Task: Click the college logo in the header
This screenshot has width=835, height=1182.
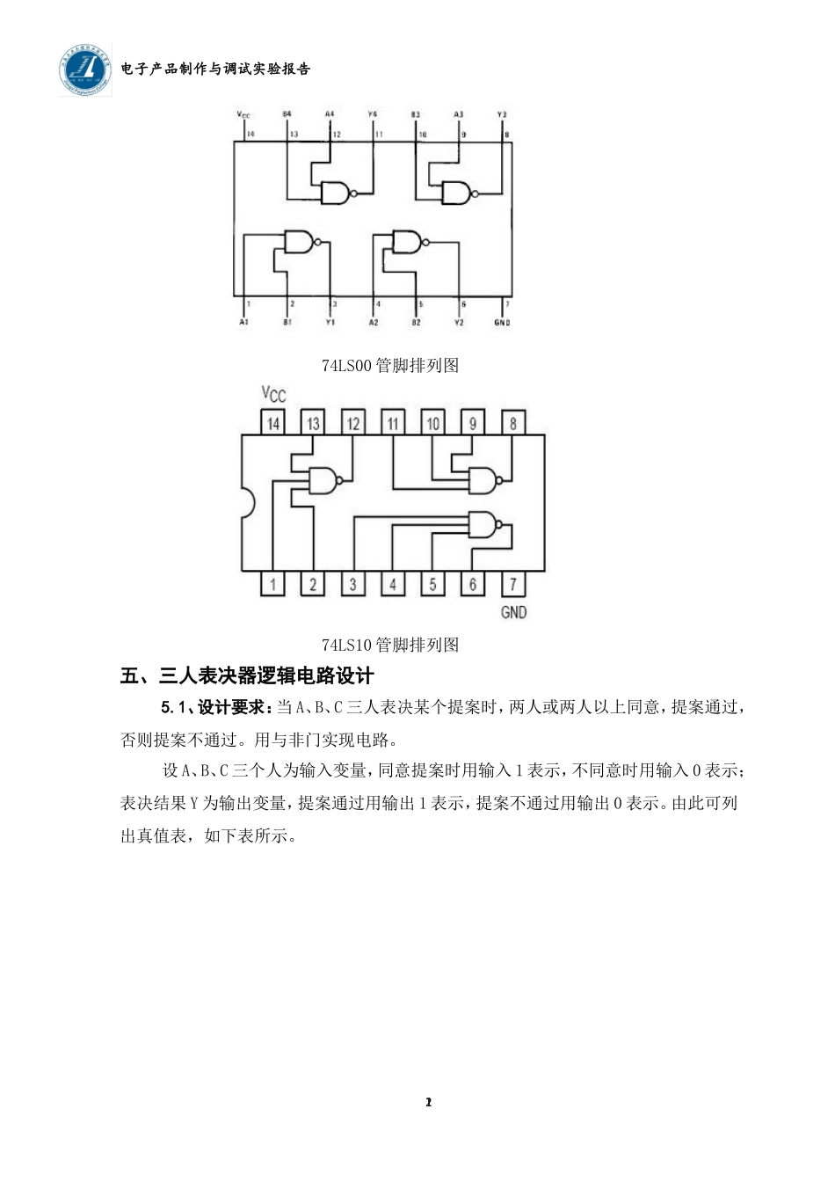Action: click(x=86, y=69)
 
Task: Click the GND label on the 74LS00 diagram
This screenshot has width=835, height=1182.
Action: click(x=502, y=323)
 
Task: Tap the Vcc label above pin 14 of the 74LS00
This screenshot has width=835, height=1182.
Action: click(x=243, y=115)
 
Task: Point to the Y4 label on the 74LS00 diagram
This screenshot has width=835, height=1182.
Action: click(x=373, y=114)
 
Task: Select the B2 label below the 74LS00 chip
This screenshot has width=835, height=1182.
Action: click(x=416, y=323)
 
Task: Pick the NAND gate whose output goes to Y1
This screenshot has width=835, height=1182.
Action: click(x=299, y=241)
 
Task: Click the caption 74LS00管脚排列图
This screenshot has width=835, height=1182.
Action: click(x=390, y=365)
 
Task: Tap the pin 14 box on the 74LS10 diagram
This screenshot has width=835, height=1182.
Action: click(x=273, y=423)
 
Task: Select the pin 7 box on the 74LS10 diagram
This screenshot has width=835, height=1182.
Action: click(x=513, y=584)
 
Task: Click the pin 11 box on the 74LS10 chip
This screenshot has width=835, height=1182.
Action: click(x=393, y=423)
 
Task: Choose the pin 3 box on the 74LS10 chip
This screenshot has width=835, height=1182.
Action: click(x=353, y=584)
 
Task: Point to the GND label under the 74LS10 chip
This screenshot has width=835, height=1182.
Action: click(x=513, y=612)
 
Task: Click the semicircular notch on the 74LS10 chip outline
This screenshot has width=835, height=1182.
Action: click(x=247, y=504)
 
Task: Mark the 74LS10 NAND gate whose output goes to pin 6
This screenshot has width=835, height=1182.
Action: click(x=483, y=525)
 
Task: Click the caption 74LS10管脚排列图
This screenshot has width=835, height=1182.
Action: click(x=390, y=645)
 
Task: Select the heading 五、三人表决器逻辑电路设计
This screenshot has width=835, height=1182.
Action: click(x=247, y=676)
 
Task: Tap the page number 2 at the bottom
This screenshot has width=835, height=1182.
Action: click(x=428, y=1102)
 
